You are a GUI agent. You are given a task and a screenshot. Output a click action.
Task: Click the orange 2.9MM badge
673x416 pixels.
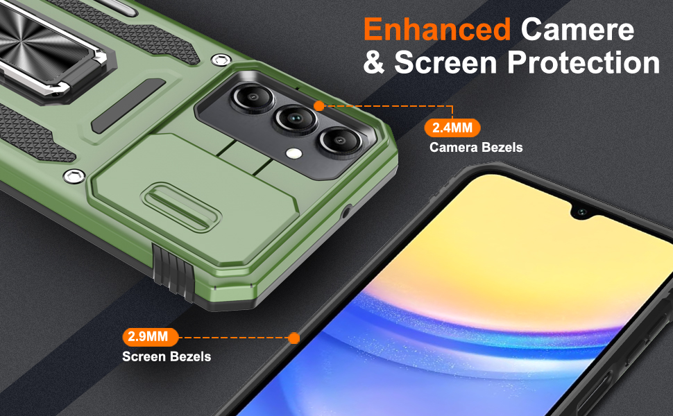151,338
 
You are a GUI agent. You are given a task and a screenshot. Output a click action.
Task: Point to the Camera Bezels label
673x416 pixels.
475,147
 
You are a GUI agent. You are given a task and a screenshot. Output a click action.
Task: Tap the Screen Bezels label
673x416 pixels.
167,356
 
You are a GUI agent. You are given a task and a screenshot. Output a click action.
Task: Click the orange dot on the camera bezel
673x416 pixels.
319,106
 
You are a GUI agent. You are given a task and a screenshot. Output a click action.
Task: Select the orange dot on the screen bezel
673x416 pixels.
293,338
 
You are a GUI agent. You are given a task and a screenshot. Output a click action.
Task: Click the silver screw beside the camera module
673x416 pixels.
221,59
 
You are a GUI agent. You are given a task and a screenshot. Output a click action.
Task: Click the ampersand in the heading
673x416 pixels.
375,63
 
